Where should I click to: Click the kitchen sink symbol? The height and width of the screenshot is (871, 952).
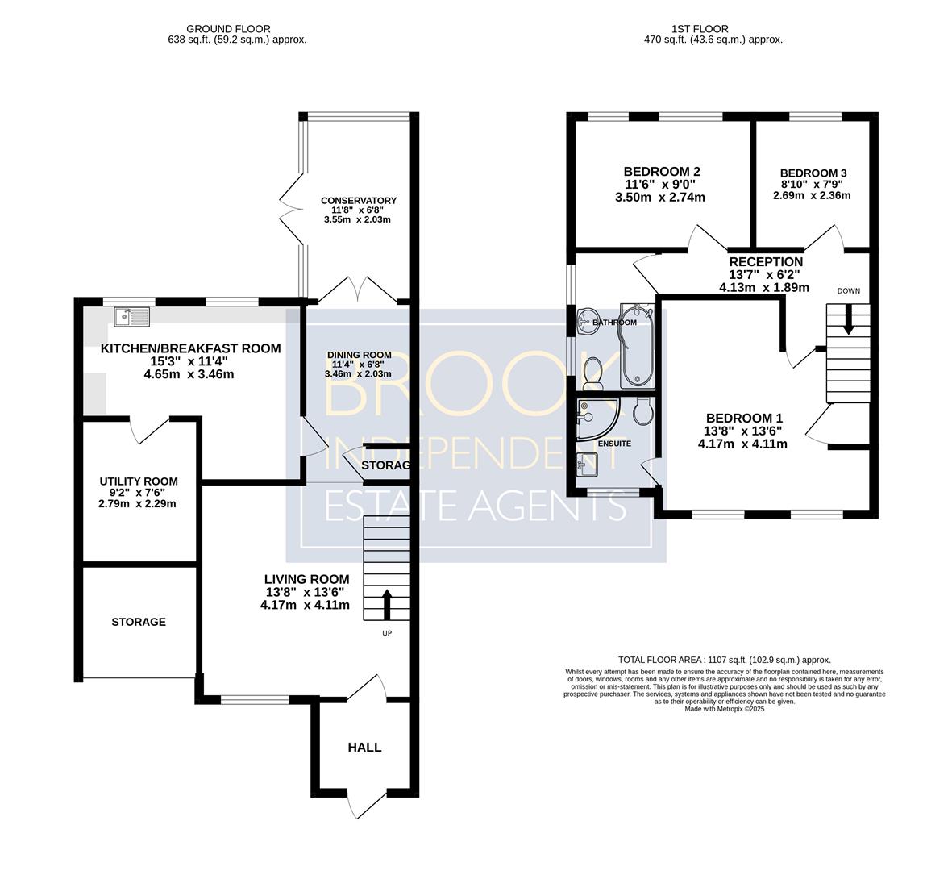[x=131, y=317]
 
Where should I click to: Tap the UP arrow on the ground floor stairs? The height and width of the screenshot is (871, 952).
[x=386, y=604]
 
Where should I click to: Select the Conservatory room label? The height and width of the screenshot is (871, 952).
[x=358, y=201]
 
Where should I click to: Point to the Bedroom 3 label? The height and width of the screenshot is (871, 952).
[x=813, y=173]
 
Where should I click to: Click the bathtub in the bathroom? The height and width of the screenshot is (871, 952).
[x=637, y=346]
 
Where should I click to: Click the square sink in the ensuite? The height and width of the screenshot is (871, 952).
[x=587, y=466]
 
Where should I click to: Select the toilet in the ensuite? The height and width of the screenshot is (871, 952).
[x=642, y=411]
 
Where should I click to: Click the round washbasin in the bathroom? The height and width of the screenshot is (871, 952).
[x=586, y=319]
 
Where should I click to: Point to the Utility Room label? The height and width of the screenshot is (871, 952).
[x=139, y=481]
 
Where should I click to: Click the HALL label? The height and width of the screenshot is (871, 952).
[x=364, y=747]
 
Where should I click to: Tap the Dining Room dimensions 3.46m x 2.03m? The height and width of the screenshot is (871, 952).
[x=358, y=374]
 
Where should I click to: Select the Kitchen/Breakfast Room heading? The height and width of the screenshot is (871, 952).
[x=191, y=348]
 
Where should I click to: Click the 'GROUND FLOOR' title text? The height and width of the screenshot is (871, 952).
[x=228, y=28]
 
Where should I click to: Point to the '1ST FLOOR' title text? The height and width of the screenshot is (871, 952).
[x=700, y=28]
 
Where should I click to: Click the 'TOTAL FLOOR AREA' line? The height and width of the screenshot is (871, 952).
[x=725, y=660]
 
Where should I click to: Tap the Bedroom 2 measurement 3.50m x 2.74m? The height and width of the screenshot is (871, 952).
[x=660, y=198]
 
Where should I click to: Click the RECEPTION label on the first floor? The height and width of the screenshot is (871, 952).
[x=766, y=262]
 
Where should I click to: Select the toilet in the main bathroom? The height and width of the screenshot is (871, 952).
[x=592, y=373]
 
